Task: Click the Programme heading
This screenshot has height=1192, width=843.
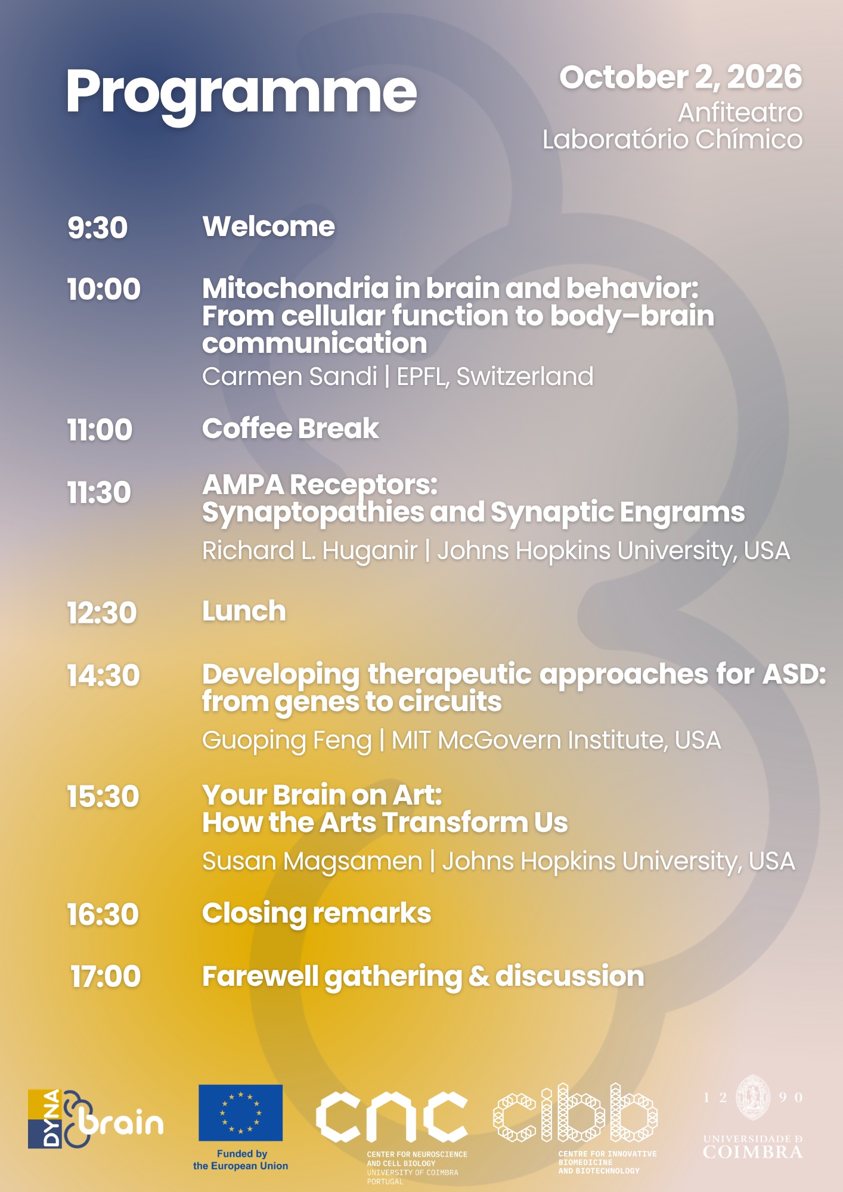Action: point(241,94)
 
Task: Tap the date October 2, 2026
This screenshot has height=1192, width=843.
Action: point(681,77)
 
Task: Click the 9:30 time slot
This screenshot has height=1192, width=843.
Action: point(97,228)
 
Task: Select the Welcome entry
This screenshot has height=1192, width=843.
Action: point(268,226)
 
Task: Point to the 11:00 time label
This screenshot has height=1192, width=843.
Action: point(100,430)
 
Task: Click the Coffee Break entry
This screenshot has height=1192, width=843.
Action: point(290,429)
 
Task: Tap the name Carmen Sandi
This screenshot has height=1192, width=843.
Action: point(290,377)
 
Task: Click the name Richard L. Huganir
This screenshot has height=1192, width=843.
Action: point(309,551)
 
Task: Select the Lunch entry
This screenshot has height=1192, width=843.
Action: point(244,611)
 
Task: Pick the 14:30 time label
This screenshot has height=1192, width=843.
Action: point(103,676)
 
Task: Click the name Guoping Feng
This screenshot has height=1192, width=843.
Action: point(287,741)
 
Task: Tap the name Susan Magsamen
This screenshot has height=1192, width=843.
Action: point(312,862)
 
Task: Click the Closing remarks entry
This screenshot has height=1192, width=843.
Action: point(317,914)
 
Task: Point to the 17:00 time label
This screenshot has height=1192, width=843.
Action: point(106,977)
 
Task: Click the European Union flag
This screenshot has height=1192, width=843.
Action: point(240,1113)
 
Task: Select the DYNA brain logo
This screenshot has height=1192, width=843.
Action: point(95,1119)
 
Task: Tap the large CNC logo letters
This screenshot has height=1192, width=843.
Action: point(392,1116)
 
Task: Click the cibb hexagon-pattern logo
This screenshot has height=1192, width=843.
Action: point(575,1113)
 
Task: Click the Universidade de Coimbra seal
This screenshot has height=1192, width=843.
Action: point(754,1098)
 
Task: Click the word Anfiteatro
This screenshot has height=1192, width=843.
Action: point(740,113)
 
